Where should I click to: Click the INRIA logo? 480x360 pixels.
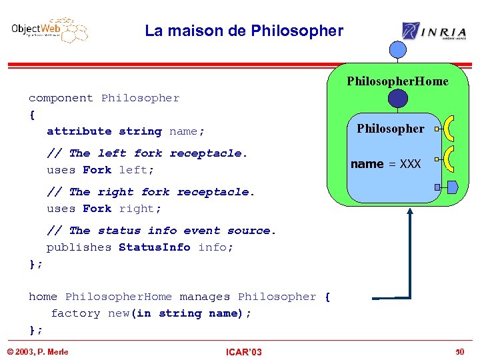point(433,31)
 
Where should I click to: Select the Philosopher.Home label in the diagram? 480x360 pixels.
point(397,81)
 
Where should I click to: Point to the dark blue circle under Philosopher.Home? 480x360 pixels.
point(398,99)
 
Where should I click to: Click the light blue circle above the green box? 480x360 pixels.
point(398,50)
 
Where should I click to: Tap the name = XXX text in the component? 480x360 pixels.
point(385,164)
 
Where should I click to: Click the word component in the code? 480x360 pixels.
point(61,98)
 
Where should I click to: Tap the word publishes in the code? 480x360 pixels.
point(79,247)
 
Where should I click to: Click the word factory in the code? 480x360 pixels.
point(75,313)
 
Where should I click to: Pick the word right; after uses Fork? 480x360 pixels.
point(140,209)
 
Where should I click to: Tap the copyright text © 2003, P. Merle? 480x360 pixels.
point(37,352)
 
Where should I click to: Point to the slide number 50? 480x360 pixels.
point(459,352)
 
